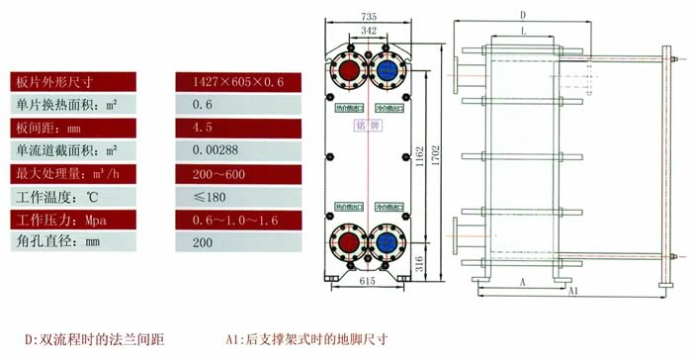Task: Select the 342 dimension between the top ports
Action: [369, 33]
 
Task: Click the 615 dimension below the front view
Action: [367, 284]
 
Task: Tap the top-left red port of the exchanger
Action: [349, 70]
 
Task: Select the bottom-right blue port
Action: [387, 242]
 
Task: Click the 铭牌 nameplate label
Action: [368, 127]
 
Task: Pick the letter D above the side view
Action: [523, 14]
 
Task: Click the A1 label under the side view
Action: [574, 292]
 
